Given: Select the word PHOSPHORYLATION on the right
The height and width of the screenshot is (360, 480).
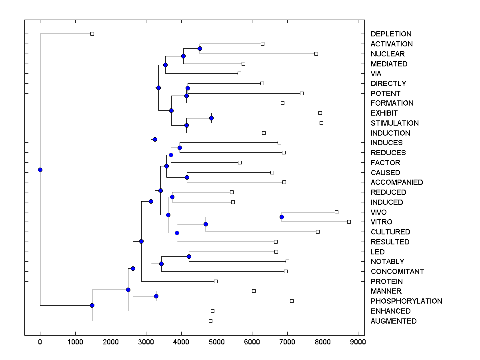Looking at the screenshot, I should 406,301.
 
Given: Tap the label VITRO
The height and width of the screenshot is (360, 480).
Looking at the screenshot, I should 381,222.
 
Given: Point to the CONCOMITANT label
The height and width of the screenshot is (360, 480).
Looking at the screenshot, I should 397,272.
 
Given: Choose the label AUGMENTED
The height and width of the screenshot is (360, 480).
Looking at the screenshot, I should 394,321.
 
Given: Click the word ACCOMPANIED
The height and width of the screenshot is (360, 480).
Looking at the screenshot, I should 397,182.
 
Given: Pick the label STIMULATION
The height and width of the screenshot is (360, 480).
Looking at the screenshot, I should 394,123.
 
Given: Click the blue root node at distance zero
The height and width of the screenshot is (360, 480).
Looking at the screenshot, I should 40,170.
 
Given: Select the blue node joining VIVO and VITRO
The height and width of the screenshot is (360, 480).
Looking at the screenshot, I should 282,217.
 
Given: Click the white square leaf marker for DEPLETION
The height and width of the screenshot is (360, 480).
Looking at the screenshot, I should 92,34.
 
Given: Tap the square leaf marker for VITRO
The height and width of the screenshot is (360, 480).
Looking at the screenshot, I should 349,222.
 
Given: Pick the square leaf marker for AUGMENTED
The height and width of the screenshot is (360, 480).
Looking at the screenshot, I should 210,321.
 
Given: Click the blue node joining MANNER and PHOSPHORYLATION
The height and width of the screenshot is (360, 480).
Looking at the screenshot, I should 156,296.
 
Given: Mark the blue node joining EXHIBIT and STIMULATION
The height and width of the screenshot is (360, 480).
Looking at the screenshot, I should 211,118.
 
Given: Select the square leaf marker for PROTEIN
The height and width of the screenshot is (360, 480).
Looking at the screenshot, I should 216,281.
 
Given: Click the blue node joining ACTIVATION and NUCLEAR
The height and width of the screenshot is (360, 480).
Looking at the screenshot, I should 200,48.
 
